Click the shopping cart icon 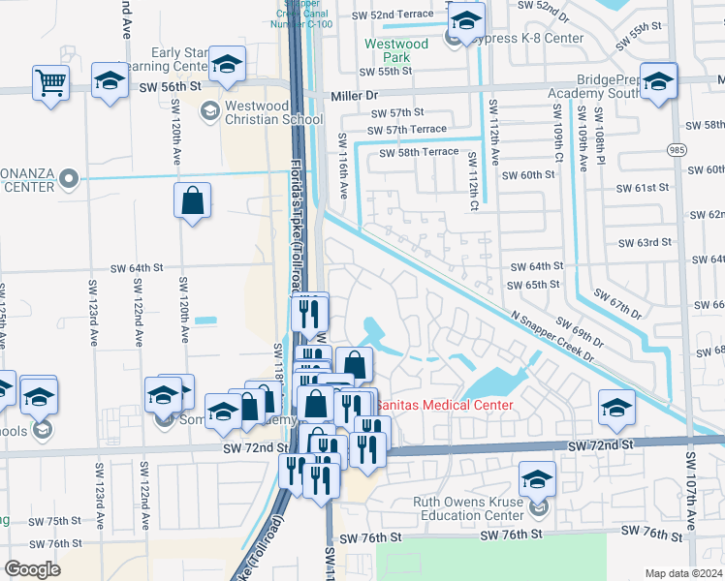coord(50,81)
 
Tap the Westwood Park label coord(395,50)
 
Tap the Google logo coord(32,568)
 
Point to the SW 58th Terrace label coord(418,153)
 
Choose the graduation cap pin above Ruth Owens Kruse coord(538,477)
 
